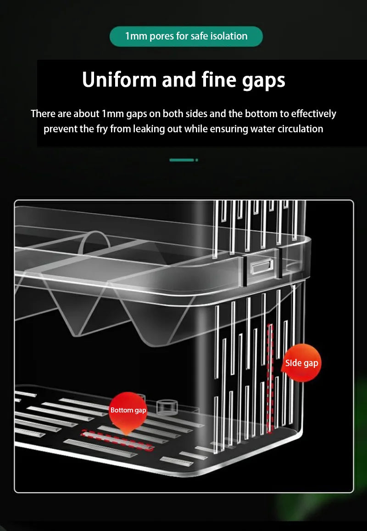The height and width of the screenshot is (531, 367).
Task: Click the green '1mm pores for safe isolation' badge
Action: (x=186, y=36)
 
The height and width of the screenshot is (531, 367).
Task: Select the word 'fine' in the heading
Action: (x=219, y=79)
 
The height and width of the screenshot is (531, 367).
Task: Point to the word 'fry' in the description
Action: (x=102, y=129)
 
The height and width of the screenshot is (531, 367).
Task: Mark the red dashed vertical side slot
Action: (x=270, y=378)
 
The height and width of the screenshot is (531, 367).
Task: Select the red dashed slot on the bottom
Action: (x=117, y=440)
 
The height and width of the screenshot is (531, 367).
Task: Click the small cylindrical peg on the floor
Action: (x=167, y=407)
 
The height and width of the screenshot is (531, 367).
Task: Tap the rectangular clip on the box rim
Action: (x=261, y=266)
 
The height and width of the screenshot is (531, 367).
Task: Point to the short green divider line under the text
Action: (x=182, y=160)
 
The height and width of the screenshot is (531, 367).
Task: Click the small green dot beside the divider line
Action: (x=196, y=160)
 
